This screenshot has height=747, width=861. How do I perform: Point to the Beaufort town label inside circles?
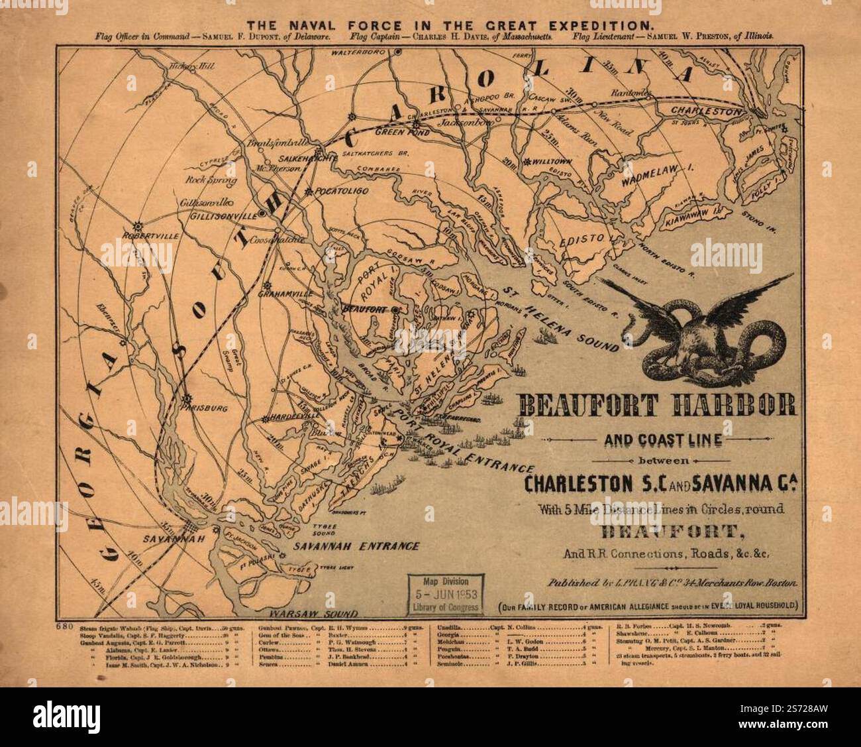click(x=364, y=309)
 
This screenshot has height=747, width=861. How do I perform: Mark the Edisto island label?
click(x=583, y=239)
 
